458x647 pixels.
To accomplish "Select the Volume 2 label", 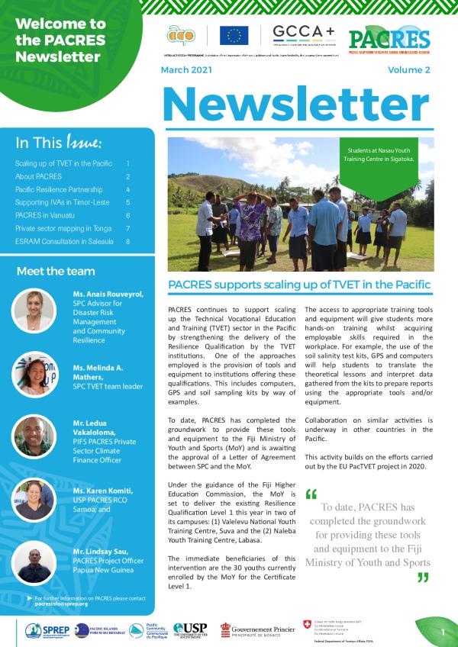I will point(409,69).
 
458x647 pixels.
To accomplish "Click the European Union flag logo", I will point(234,35).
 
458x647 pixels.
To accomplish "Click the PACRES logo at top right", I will point(389,38).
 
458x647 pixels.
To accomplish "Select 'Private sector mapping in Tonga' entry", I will point(63,228).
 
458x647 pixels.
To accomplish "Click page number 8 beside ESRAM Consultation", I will point(128,241).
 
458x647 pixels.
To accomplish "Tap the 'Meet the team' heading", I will point(56,271).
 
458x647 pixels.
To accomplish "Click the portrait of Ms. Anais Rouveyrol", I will point(34,309).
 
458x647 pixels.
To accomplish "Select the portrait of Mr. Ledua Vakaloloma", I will point(34,436).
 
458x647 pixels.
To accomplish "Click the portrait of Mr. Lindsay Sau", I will point(34,563).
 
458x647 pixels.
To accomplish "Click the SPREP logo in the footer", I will point(47,630).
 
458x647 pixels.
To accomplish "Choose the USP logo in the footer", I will point(190,629).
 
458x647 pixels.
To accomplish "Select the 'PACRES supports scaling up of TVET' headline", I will point(298,285).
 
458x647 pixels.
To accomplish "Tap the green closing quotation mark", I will point(422,578).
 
